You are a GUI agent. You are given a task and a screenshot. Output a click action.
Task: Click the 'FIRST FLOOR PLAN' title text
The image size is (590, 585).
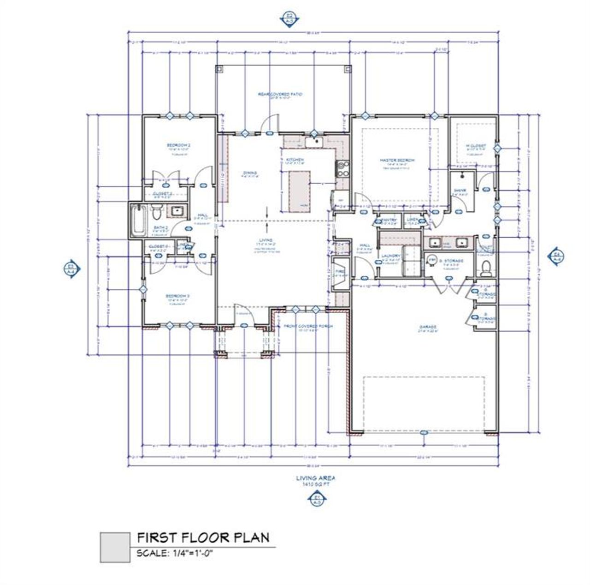203,537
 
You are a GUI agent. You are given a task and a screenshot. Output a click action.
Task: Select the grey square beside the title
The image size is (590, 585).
115,547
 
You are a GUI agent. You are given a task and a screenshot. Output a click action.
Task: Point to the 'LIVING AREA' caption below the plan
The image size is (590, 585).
315,478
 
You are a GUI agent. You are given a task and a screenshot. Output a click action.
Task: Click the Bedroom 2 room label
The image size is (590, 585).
178,145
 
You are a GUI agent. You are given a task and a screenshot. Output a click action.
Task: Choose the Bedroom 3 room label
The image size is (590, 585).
178,296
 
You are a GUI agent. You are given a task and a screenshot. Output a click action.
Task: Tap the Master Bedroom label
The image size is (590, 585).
397,161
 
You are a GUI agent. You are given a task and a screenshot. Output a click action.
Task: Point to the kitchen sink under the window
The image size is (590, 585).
316,142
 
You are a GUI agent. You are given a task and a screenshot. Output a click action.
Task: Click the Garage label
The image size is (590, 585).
427,327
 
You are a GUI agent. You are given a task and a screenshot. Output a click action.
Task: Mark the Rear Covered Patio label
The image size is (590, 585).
280,94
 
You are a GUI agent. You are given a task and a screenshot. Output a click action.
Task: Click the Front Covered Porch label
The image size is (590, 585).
308,326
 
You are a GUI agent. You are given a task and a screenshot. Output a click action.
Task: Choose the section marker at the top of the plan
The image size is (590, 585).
289,20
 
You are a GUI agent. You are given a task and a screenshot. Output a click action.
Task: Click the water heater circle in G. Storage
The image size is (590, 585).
432,259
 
